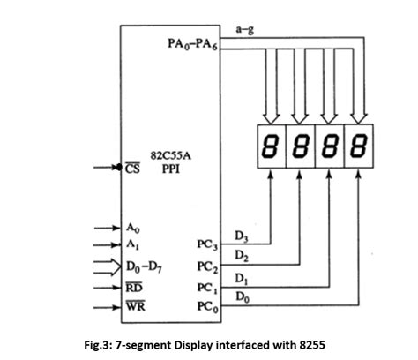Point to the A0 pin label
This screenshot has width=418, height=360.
tap(133, 228)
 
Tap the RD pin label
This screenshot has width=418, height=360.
tap(134, 287)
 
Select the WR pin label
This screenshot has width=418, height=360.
tap(135, 307)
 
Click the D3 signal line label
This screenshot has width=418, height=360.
tap(241, 236)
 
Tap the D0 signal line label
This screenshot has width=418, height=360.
tap(241, 299)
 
